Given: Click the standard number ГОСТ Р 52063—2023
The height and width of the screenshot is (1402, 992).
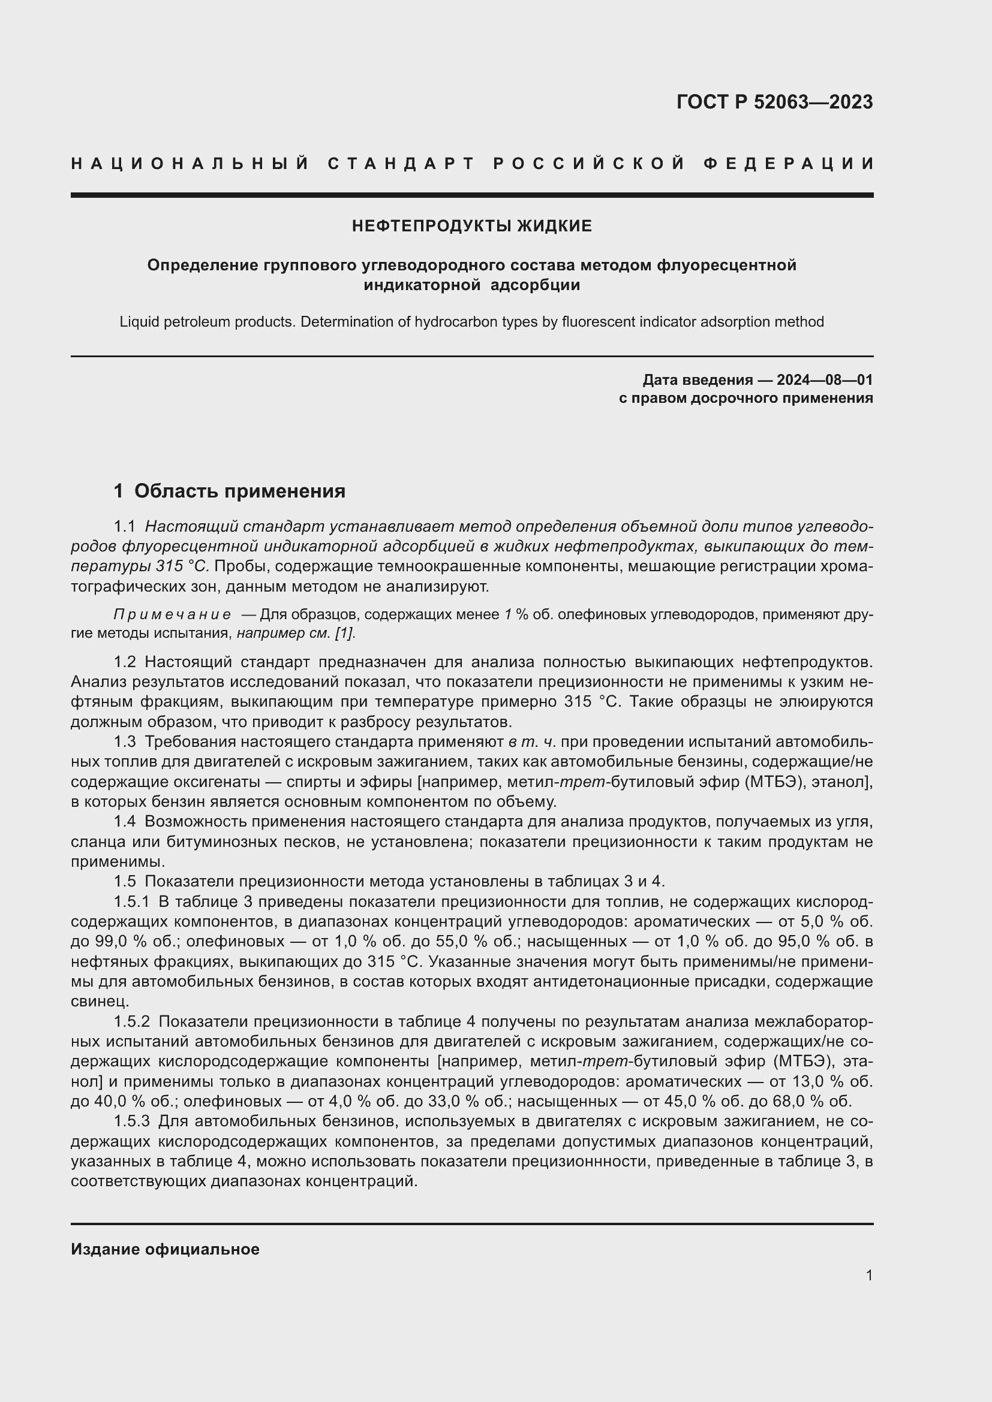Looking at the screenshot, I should pos(774,102).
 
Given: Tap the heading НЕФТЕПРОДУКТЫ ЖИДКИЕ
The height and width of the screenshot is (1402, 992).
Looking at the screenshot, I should pos(471,227).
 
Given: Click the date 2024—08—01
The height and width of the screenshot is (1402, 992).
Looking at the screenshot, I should pos(825,381).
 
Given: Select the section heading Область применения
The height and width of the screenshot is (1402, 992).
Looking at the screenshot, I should pos(239,492).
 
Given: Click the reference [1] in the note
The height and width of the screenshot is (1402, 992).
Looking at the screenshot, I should pos(344,633).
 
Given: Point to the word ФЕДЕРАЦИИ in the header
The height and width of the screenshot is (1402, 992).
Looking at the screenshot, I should pos(788,164).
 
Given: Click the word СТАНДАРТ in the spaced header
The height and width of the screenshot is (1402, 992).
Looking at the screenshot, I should pos(401,164).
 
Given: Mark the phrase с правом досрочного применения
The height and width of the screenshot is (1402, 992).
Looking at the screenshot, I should pos(745,399).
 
